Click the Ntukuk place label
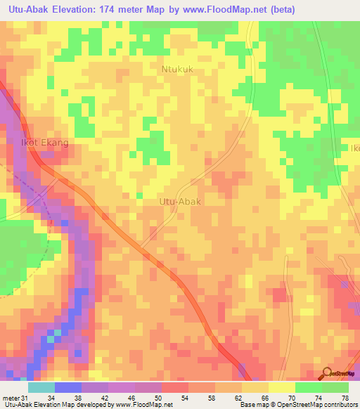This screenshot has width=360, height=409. click(x=177, y=70)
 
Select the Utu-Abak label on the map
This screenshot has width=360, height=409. click(x=181, y=202)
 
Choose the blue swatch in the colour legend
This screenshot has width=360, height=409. click(x=67, y=388)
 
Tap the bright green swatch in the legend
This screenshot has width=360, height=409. click(x=308, y=388)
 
